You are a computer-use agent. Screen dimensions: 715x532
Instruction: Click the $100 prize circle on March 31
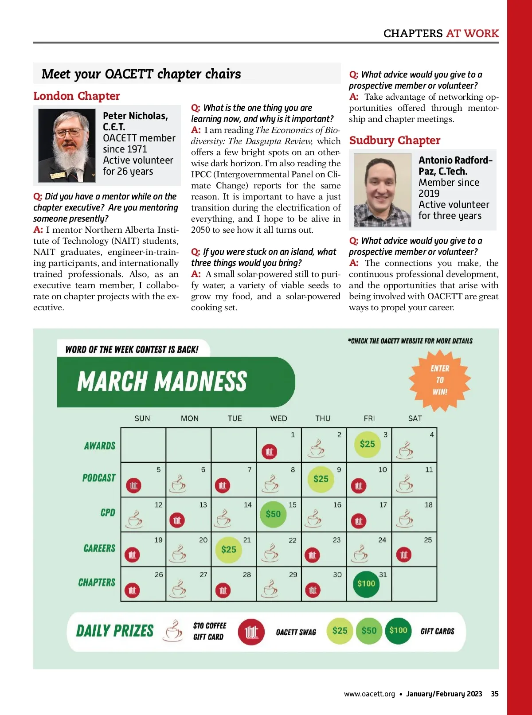[x=366, y=583]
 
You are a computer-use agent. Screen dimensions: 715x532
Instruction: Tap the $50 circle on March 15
[x=273, y=514]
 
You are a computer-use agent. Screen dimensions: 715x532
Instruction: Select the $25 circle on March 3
[x=367, y=444]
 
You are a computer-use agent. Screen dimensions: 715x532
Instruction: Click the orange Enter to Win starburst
[x=440, y=380]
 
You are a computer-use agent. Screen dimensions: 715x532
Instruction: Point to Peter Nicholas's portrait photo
[x=67, y=146]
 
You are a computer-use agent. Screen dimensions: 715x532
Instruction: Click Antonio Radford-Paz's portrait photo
[x=383, y=190]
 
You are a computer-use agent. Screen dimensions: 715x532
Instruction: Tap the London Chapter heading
[x=76, y=96]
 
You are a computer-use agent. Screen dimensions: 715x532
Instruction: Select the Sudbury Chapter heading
[x=395, y=141]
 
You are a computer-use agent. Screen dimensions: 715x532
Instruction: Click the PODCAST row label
[x=99, y=478]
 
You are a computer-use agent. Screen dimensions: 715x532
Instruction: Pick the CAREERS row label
[x=99, y=548]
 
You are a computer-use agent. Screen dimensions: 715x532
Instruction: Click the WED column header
[x=278, y=418]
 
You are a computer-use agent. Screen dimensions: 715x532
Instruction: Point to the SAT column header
[x=415, y=418]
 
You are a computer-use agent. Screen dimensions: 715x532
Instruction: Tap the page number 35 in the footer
[x=495, y=694]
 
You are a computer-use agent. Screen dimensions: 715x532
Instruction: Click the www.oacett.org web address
[x=369, y=694]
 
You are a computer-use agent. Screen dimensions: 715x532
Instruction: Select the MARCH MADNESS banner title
[x=162, y=382]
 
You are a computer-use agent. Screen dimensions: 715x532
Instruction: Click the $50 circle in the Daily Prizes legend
[x=369, y=631]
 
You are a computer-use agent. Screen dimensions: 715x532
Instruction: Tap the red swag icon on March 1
[x=270, y=452]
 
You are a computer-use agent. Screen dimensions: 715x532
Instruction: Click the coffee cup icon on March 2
[x=316, y=449]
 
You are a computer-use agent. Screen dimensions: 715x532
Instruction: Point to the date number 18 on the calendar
[x=429, y=505]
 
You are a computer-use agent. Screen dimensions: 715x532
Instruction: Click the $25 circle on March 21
[x=229, y=550]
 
